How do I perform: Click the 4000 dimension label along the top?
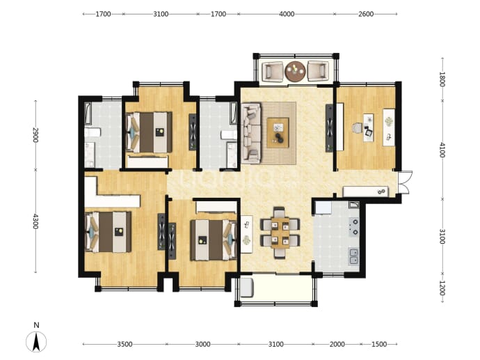287,14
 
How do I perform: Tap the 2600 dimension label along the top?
366,14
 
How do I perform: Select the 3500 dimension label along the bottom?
125,345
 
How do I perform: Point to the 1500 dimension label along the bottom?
379,345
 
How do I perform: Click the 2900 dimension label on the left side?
35,135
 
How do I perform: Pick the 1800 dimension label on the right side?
442,79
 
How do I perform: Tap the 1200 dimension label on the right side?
442,288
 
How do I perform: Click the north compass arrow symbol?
36,342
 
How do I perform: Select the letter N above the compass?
36,325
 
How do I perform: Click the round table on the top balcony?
295,72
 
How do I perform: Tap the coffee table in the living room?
278,133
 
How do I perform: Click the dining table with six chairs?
280,233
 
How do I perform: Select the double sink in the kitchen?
354,256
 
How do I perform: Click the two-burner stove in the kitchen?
354,227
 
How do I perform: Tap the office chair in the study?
358,127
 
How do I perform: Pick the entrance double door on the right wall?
404,182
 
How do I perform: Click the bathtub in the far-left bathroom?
88,114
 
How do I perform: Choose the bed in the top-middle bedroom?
150,132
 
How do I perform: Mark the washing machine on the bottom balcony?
246,288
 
